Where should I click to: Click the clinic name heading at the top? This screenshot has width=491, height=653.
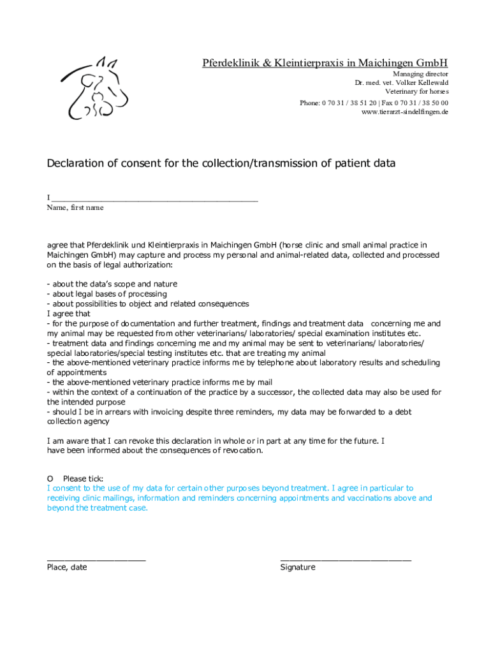(325, 62)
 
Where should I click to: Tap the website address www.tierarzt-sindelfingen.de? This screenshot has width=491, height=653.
(404, 112)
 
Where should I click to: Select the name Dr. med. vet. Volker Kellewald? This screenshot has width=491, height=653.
(401, 83)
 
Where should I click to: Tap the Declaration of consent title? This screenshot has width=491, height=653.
(221, 163)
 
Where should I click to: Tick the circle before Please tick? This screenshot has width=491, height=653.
(50, 478)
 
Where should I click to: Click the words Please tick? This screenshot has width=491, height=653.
(83, 478)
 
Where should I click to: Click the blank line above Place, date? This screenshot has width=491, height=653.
(96, 558)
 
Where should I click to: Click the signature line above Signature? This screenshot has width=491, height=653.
(346, 558)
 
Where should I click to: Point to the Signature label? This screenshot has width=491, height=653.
(298, 567)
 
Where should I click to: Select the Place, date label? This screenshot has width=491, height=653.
(67, 567)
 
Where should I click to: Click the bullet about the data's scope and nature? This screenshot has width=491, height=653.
(112, 284)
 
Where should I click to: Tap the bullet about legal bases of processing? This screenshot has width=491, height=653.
(107, 294)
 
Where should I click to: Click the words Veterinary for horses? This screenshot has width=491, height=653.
(416, 92)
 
